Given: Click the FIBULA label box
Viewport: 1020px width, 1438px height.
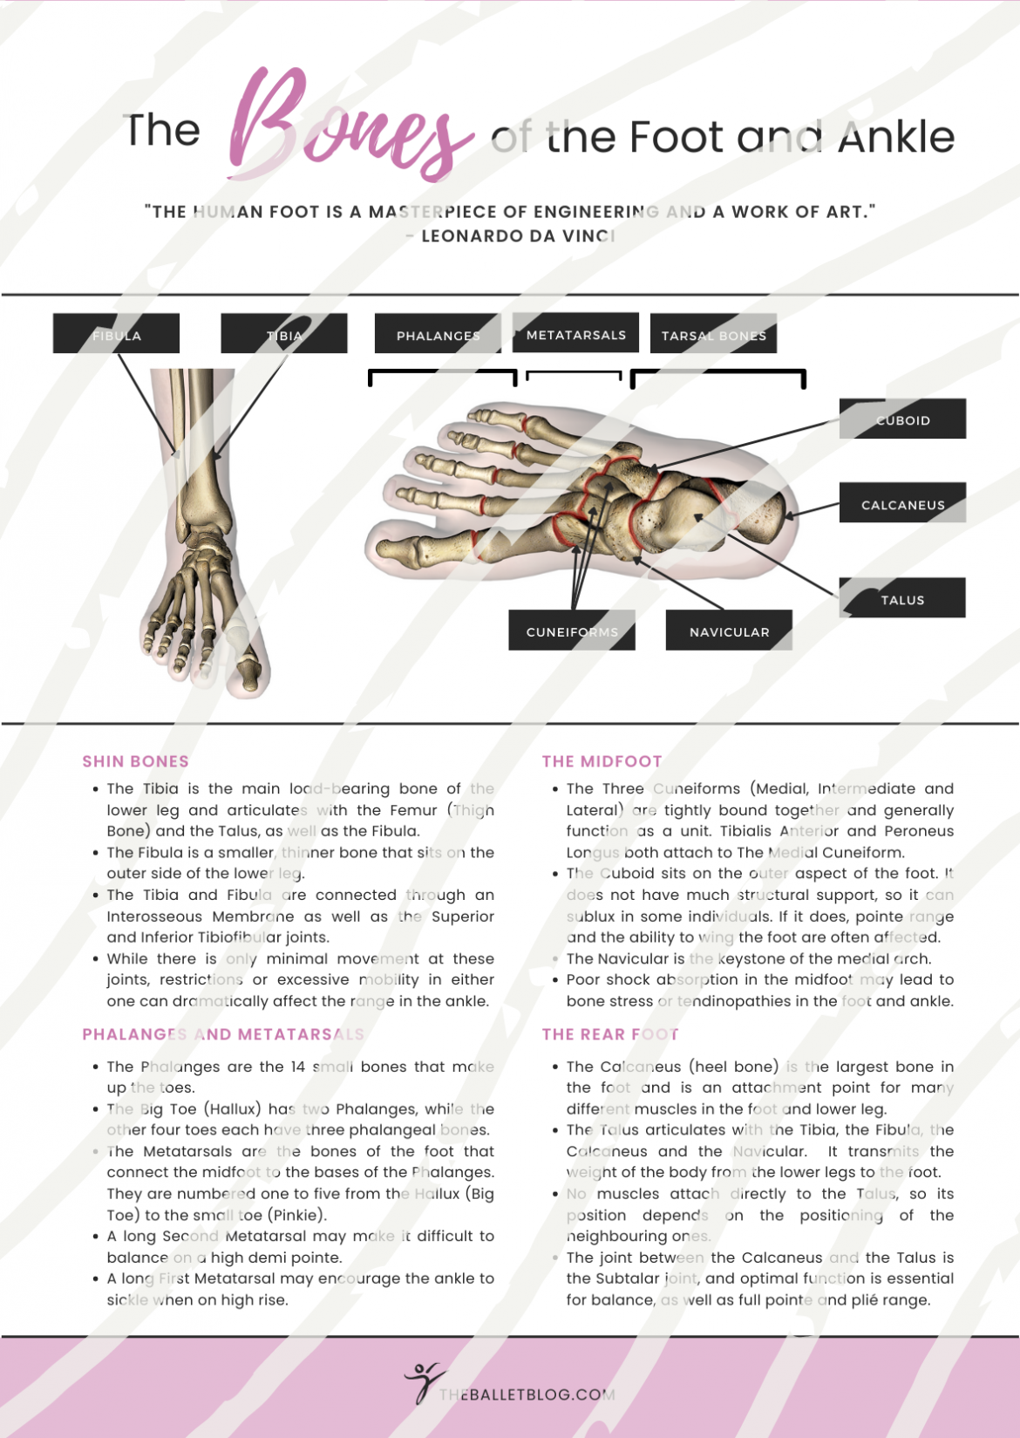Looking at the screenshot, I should (116, 334).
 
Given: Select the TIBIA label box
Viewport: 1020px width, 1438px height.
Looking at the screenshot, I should (284, 334).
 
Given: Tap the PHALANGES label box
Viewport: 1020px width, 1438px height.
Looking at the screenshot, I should (438, 335).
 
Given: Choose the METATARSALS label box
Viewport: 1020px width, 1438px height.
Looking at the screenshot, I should (575, 333).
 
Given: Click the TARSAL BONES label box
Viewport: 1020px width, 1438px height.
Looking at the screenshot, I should (713, 335).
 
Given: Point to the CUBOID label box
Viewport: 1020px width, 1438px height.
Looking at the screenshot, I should (902, 419).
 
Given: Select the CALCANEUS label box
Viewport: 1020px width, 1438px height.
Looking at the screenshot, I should (902, 503).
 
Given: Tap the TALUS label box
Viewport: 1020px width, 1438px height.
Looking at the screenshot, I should (902, 598).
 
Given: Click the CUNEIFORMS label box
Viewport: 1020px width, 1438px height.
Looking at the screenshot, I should (572, 630).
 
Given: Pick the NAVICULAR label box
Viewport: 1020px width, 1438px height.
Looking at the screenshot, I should (729, 630).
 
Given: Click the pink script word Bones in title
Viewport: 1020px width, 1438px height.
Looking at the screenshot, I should (349, 126).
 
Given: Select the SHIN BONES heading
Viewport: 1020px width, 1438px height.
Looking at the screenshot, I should (135, 761).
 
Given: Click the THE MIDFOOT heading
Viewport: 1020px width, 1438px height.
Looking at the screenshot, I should (602, 761).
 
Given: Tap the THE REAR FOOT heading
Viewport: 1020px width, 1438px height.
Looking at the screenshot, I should (610, 1034).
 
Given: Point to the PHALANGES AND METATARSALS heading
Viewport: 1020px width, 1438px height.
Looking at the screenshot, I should (223, 1034).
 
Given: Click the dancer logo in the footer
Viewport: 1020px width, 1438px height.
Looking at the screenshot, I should (423, 1381).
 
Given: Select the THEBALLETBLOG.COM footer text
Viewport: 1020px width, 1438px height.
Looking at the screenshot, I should (527, 1394).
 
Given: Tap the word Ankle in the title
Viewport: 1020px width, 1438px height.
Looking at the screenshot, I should (896, 137).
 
